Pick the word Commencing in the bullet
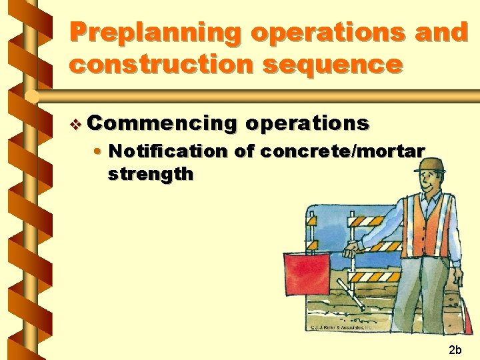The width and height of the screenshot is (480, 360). (161, 123)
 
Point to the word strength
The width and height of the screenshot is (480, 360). (151, 175)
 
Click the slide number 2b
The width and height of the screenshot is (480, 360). (455, 349)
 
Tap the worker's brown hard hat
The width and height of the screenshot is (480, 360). (428, 164)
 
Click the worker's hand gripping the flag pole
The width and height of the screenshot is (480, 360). (349, 251)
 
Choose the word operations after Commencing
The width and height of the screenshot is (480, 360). (307, 123)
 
